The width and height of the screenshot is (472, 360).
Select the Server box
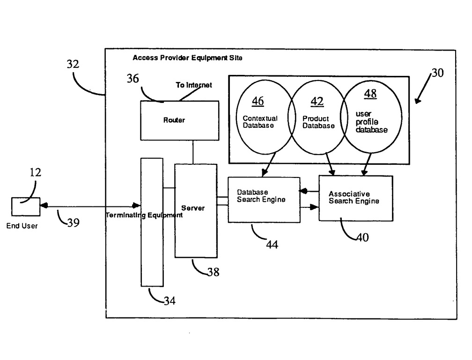point(196,210)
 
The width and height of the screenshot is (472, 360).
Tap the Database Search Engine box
point(264,199)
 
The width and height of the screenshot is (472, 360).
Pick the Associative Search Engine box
point(355,198)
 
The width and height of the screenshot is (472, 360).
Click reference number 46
point(258,101)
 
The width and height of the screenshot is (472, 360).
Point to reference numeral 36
point(133,79)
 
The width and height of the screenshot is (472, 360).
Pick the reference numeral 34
point(170,301)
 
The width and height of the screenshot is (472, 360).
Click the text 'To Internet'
point(194,85)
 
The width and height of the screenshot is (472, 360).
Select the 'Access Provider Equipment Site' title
point(187,58)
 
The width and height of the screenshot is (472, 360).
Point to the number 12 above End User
point(36,172)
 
